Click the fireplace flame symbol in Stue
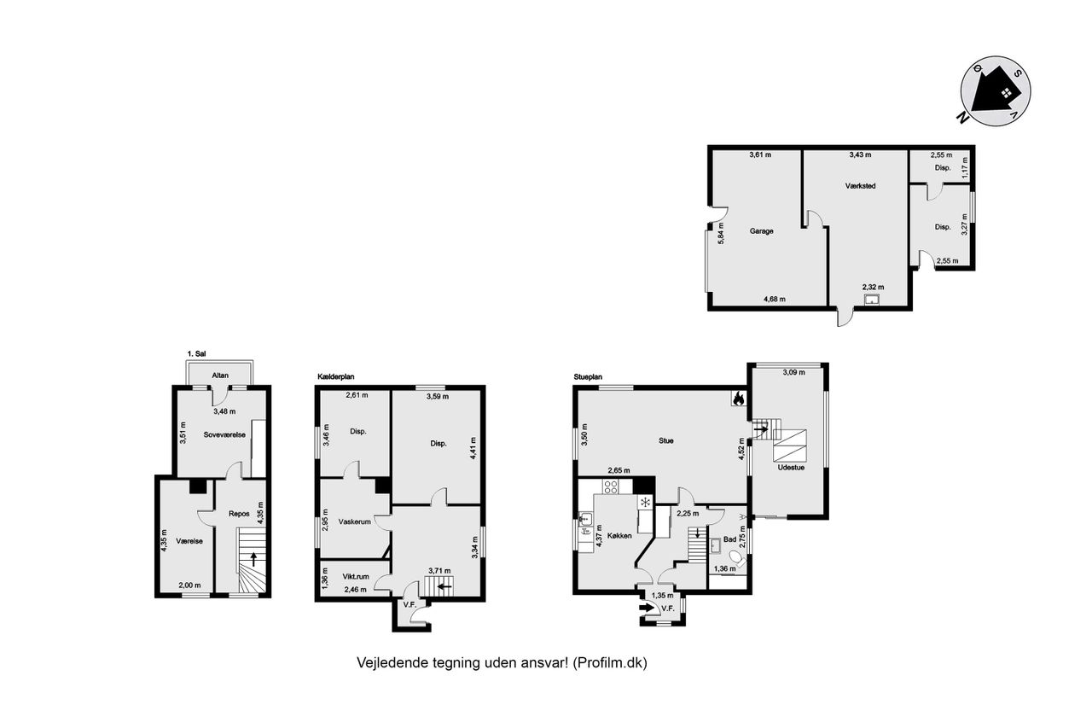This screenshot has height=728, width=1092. [738, 399]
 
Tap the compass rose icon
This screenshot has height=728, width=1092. [995, 91]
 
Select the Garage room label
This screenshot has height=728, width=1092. [761, 231]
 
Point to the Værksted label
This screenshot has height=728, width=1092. [861, 186]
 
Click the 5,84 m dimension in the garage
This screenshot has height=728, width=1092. [721, 233]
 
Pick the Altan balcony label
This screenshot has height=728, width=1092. [220, 376]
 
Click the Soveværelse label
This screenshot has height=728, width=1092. [224, 434]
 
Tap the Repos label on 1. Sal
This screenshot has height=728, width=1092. [239, 514]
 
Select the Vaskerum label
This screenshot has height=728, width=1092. [354, 521]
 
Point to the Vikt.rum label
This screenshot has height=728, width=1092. [356, 576]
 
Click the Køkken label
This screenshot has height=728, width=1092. [619, 535]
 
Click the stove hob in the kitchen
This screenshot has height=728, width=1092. [610, 486]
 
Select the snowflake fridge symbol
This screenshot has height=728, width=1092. [645, 502]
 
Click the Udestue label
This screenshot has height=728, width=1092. [791, 467]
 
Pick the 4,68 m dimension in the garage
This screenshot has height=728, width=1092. [774, 299]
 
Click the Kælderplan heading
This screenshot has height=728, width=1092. [335, 376]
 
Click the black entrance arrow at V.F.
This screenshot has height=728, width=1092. [647, 608]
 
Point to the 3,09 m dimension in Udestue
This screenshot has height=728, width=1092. [793, 372]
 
